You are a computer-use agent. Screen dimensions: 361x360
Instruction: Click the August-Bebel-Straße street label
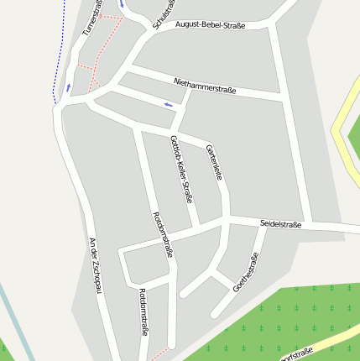point(211,26)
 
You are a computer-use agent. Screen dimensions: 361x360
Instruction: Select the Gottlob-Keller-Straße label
point(182,169)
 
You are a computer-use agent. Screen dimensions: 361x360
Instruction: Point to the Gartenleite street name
point(214,162)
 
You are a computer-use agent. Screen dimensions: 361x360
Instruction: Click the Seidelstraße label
point(280,224)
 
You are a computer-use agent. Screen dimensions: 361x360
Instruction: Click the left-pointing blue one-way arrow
point(170,105)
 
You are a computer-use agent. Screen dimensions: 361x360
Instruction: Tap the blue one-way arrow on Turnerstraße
point(69,86)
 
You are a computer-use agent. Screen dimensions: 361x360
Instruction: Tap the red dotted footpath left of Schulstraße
point(105,46)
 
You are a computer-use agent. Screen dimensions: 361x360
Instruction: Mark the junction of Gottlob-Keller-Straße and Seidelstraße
point(197,227)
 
